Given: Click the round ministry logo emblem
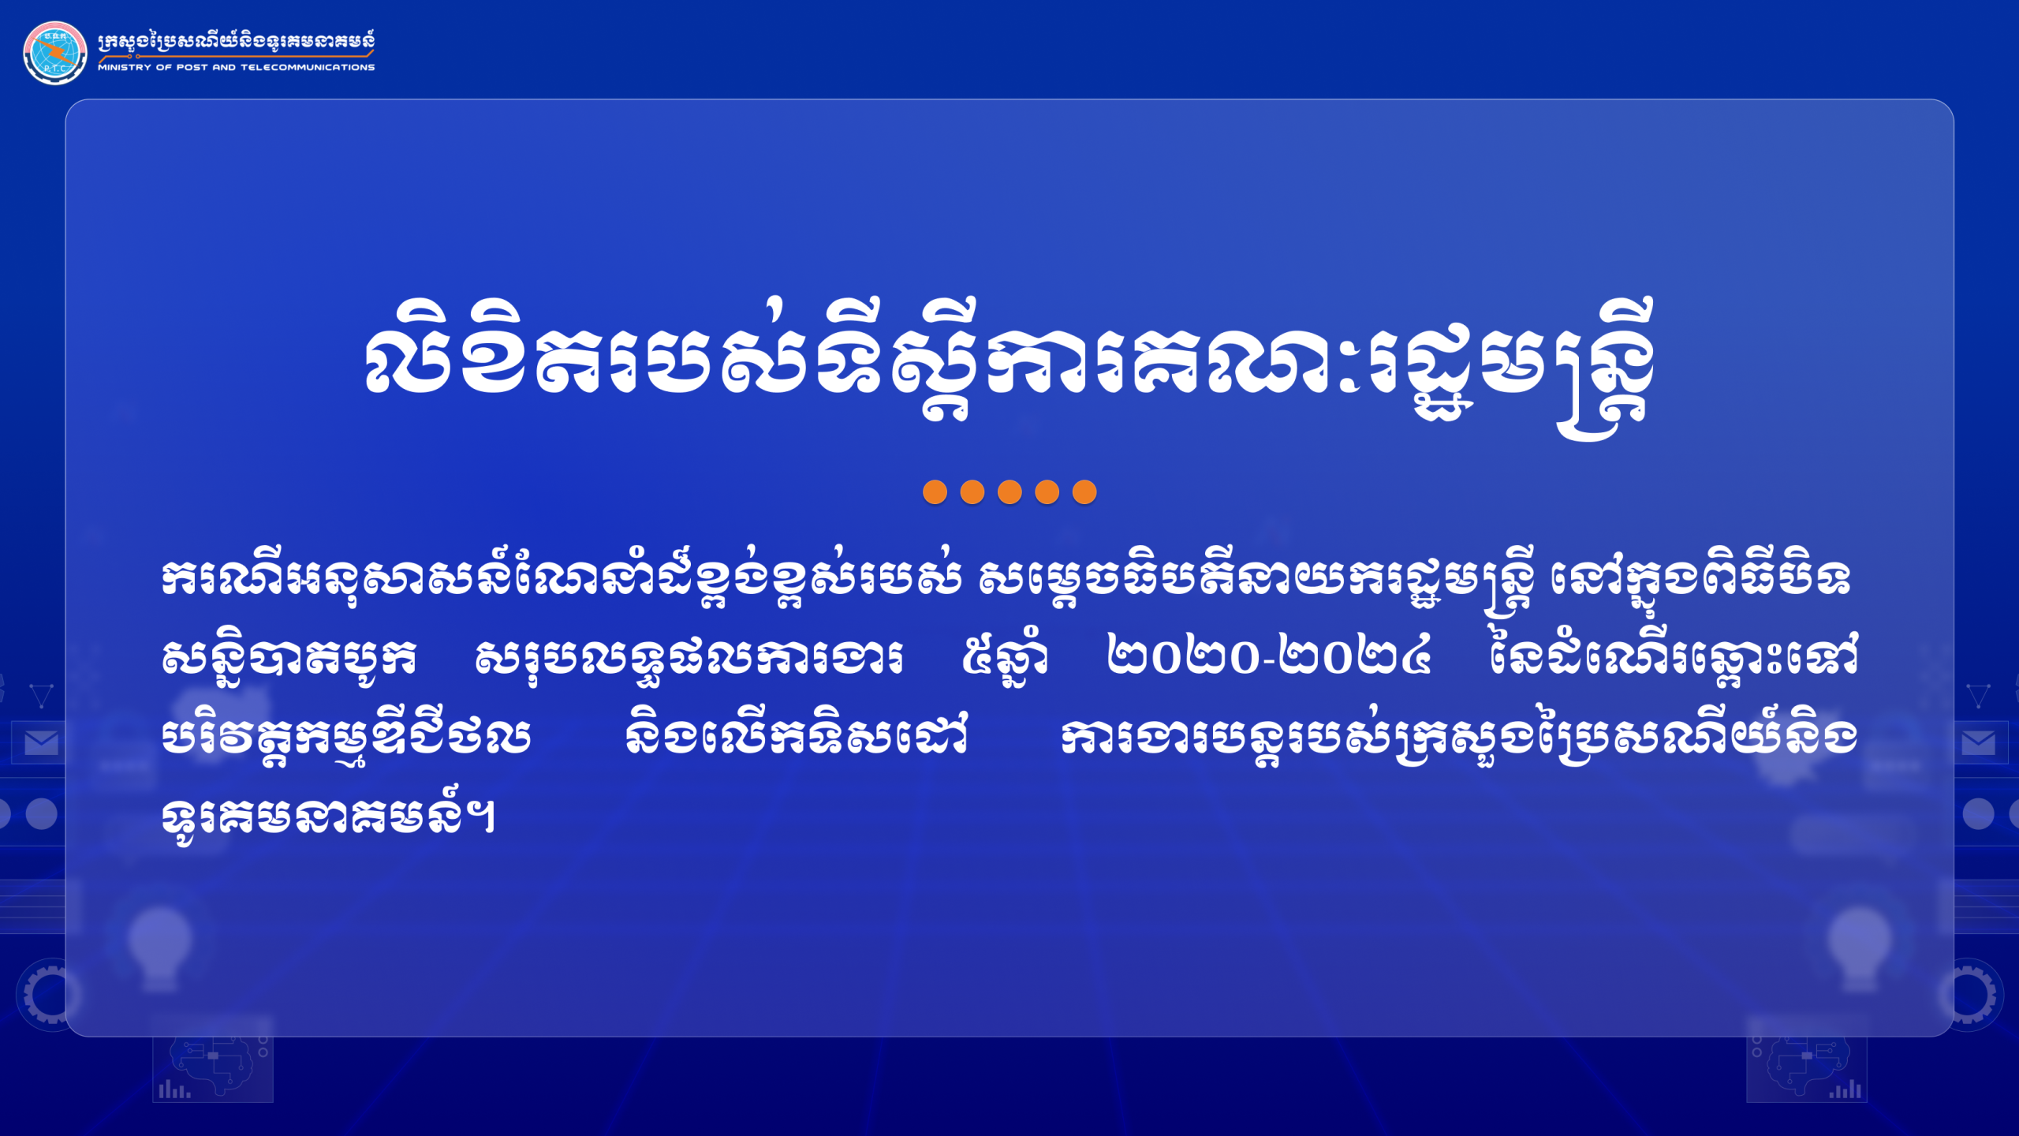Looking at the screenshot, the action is coord(55,53).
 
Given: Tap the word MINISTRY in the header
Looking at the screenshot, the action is coord(124,68).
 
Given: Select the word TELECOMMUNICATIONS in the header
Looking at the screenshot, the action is coord(308,68).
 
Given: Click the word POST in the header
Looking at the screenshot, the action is coord(192,68).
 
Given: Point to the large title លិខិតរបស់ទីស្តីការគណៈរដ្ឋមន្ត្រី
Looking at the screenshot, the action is coord(1009,367).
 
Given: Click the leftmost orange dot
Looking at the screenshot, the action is coord(935,492).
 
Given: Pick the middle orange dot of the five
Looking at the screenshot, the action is coord(1009,492).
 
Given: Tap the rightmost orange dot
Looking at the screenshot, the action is coord(1084,492).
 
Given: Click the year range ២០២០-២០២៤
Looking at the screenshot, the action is coord(1269,656).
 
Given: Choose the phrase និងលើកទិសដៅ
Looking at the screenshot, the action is coord(797,735).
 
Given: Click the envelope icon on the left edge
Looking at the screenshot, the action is coord(41,742).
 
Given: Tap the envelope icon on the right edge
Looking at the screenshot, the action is coord(1978,742).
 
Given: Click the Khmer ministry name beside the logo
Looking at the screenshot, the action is coord(236,43).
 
